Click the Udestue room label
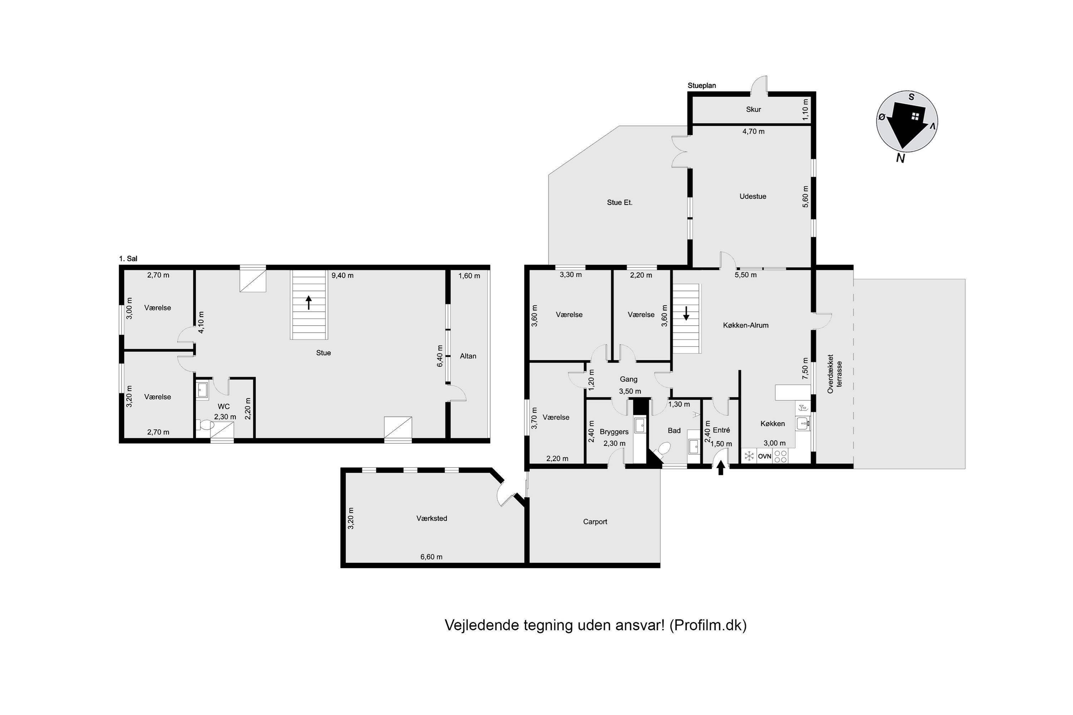(753, 197)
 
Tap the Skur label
(753, 109)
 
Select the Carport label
(595, 522)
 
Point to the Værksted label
(432, 518)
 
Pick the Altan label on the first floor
(468, 356)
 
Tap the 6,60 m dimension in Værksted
(431, 557)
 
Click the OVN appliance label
(765, 457)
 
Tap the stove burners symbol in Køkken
(780, 457)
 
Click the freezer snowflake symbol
(749, 456)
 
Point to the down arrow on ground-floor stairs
(686, 313)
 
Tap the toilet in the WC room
(205, 425)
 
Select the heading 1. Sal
(128, 259)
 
